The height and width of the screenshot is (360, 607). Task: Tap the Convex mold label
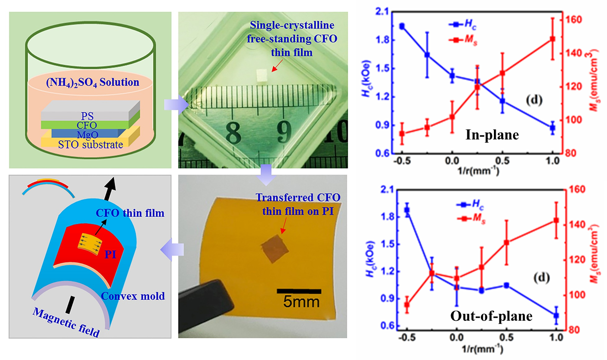point(132,296)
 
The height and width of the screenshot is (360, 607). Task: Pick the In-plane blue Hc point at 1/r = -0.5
point(402,26)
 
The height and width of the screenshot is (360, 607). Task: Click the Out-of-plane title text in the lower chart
point(491,316)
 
